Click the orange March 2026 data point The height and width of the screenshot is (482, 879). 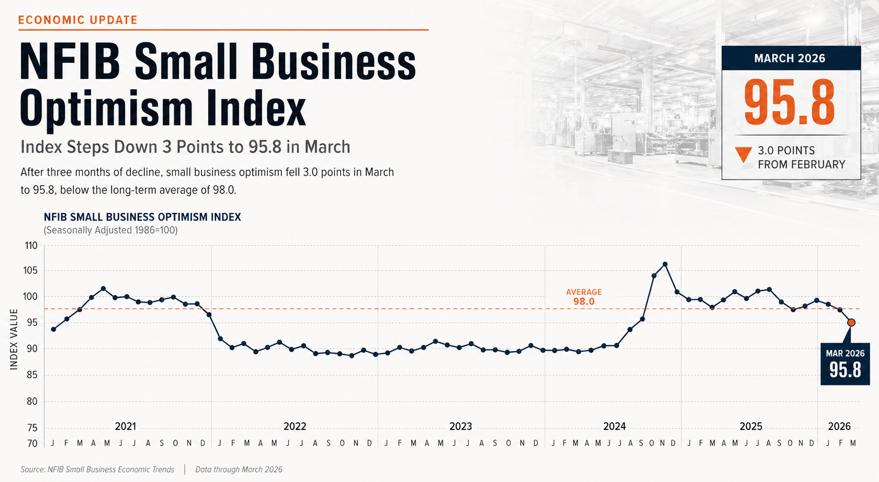[851, 322]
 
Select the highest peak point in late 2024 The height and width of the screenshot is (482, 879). [665, 264]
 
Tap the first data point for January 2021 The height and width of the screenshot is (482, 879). [53, 329]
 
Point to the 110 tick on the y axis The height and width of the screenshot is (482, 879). [31, 245]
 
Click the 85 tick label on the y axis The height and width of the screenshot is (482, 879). [31, 375]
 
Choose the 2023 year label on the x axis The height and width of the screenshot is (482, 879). [461, 426]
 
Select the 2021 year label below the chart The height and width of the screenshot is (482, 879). [125, 426]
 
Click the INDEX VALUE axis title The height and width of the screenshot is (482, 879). [14, 339]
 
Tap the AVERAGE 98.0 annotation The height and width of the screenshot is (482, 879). [584, 297]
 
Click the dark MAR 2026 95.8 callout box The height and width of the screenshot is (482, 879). [845, 363]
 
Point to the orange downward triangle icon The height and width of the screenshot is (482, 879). [743, 155]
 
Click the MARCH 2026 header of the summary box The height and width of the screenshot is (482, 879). [790, 58]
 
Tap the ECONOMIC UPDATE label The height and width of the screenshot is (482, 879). [78, 20]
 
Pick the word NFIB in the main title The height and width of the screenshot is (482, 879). [70, 62]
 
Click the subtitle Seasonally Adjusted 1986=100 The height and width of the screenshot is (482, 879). [111, 230]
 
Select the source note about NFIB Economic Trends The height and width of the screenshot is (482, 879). [98, 470]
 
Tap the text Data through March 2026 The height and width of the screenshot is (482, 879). [239, 470]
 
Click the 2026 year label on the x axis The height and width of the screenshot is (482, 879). [839, 426]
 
